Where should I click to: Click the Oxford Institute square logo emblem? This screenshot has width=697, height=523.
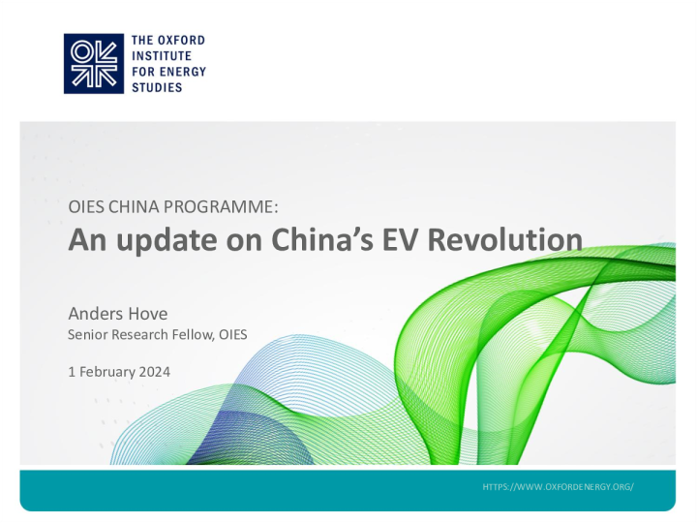[x=94, y=63]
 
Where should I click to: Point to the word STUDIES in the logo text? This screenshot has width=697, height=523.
[x=156, y=87]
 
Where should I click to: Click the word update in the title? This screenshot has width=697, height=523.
[x=153, y=239]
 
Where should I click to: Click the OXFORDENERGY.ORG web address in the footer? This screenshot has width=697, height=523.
[x=559, y=484]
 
